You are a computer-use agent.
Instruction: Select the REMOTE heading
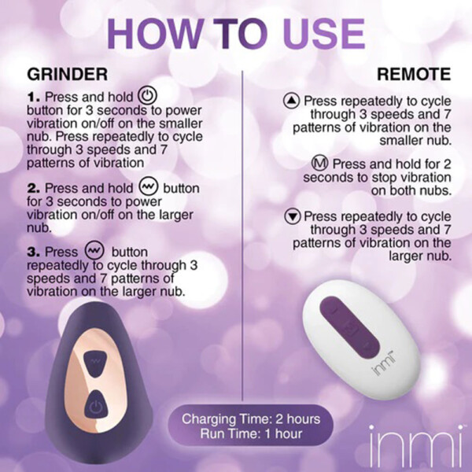tap(413, 75)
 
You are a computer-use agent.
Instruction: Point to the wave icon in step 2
tap(148, 188)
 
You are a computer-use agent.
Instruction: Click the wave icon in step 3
tap(94, 251)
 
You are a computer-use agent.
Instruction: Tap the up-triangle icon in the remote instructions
tap(292, 101)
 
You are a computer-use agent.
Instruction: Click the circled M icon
tap(319, 164)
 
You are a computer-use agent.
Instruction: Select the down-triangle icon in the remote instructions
tap(292, 216)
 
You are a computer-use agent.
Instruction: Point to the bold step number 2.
tap(34, 190)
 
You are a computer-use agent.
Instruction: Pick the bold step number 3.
tap(34, 253)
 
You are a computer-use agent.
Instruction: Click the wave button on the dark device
tap(95, 359)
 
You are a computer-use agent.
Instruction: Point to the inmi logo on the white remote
tap(382, 367)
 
